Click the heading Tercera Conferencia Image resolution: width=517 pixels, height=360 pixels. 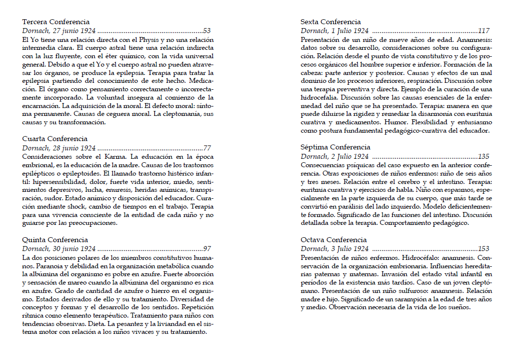tap(56, 22)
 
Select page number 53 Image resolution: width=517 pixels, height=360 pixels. tap(207, 31)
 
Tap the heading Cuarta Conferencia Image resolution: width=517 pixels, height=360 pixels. tap(55, 139)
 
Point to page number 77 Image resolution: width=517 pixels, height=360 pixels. tap(207, 148)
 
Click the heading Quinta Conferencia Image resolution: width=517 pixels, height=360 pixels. tap(55, 240)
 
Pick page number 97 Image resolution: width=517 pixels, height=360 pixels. tap(207, 249)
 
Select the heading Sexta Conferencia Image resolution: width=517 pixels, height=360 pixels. tap(331, 22)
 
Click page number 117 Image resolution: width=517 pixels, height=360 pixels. tap(483, 31)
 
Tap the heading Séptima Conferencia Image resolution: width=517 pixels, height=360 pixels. tap(335, 147)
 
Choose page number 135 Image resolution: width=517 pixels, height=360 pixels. tap(483, 156)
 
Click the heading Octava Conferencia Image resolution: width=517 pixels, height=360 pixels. tap(332, 240)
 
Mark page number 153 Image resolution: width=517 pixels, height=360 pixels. tap(483, 249)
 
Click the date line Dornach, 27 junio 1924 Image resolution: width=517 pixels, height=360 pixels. tap(59, 31)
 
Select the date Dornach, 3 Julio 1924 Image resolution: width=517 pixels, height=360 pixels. tap(335, 249)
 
